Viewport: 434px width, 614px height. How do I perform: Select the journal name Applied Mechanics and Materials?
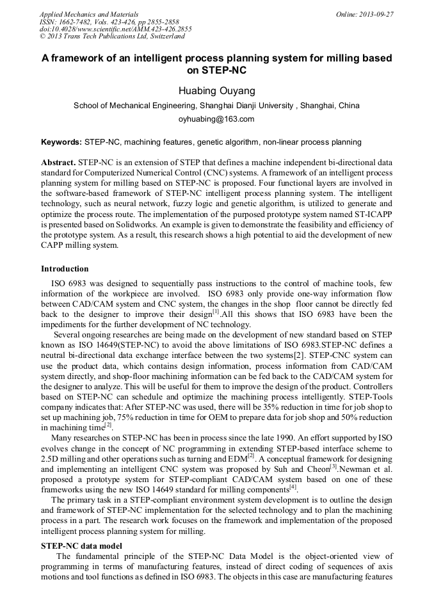88,14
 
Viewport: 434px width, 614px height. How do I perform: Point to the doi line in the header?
115,29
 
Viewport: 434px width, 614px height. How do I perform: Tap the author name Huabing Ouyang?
216,90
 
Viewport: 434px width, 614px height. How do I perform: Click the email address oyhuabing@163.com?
216,119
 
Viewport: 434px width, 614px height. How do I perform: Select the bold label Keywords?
61,142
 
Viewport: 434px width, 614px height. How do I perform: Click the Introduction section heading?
65,269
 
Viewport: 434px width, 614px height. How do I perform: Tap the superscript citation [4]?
293,487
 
